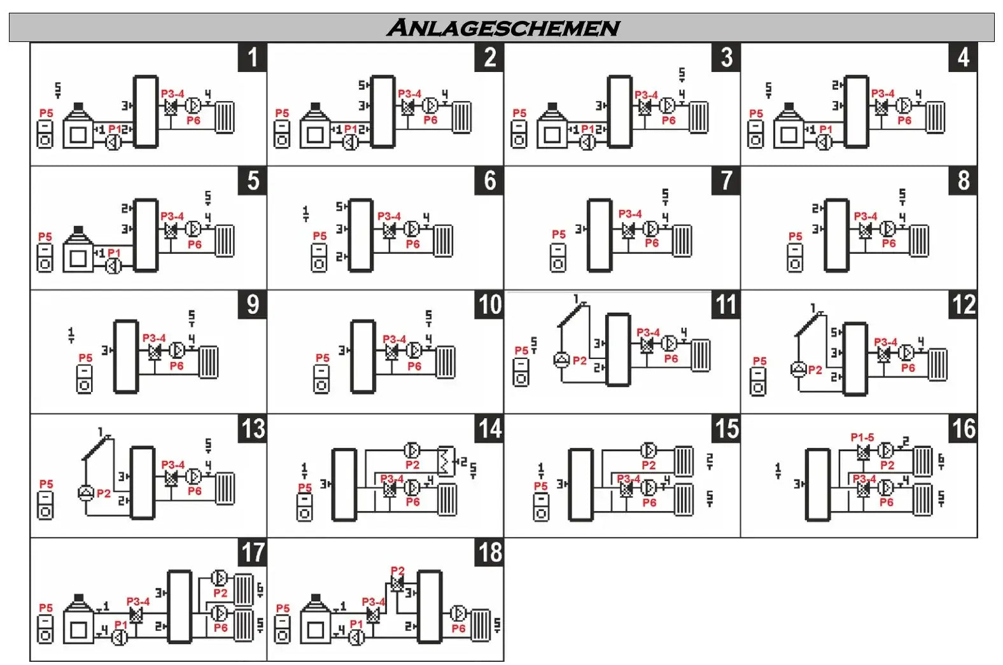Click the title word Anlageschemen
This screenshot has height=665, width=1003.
tap(503, 28)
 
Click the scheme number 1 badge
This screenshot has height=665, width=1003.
tap(253, 57)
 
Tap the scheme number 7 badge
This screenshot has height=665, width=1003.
tap(726, 181)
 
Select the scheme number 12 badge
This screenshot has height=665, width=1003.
tap(964, 304)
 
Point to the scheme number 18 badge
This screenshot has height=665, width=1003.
tap(490, 552)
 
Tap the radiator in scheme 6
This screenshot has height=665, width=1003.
tap(443, 241)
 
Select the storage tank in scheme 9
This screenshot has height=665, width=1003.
tap(125, 356)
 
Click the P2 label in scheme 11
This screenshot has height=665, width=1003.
tap(580, 361)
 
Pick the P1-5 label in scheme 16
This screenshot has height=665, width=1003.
tap(862, 438)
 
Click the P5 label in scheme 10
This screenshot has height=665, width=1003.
tap(323, 358)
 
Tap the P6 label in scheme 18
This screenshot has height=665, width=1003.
tap(458, 629)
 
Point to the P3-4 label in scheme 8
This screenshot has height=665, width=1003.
tap(866, 216)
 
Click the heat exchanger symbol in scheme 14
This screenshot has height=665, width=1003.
tap(446, 461)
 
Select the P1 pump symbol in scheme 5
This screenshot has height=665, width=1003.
tap(113, 266)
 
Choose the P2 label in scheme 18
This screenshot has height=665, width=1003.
tap(398, 571)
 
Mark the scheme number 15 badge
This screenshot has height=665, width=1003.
tap(726, 428)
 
